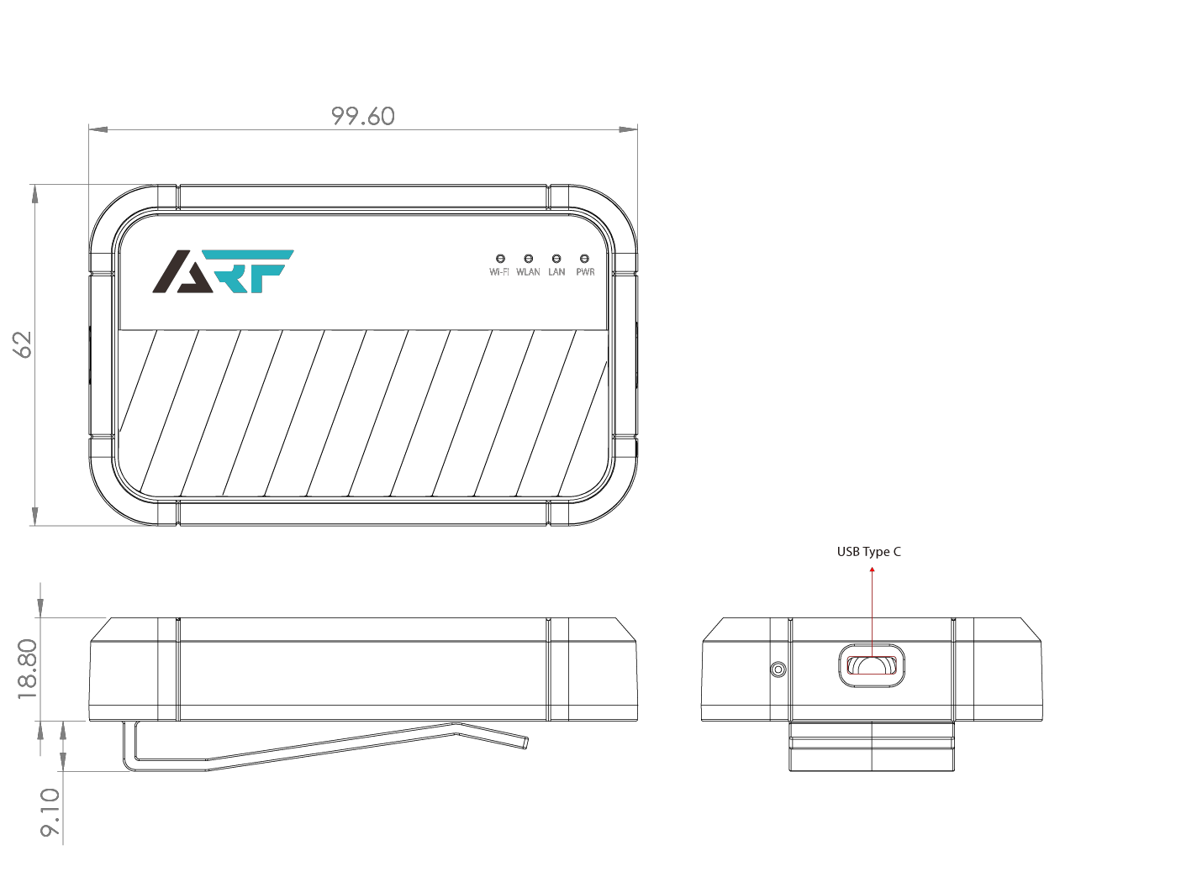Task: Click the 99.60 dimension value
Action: [363, 116]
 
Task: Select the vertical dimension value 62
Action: [23, 344]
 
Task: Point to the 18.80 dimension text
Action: [28, 669]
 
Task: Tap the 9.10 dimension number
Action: [50, 812]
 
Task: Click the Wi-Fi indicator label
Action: [499, 272]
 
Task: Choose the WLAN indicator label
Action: [529, 272]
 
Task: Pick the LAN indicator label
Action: [556, 272]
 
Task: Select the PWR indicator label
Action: [586, 272]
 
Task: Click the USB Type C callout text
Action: [868, 552]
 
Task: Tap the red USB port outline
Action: [872, 665]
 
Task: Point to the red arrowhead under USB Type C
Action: [872, 570]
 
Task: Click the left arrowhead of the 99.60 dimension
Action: [98, 129]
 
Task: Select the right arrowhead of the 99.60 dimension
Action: [628, 129]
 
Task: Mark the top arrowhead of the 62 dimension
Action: [34, 194]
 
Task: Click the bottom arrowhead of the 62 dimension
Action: [34, 516]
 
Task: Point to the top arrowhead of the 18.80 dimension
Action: [40, 607]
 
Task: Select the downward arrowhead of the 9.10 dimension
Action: [63, 762]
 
